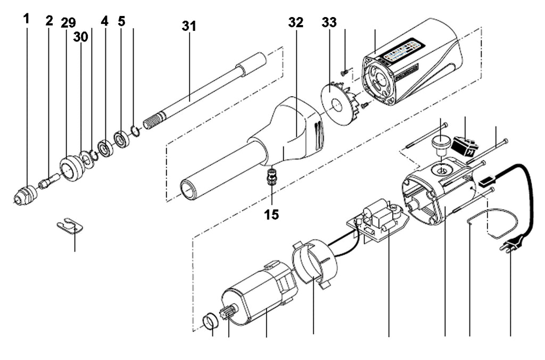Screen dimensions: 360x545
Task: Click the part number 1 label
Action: click(x=27, y=20)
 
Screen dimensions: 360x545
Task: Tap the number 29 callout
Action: click(x=68, y=23)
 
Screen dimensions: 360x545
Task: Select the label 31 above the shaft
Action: click(x=188, y=26)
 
